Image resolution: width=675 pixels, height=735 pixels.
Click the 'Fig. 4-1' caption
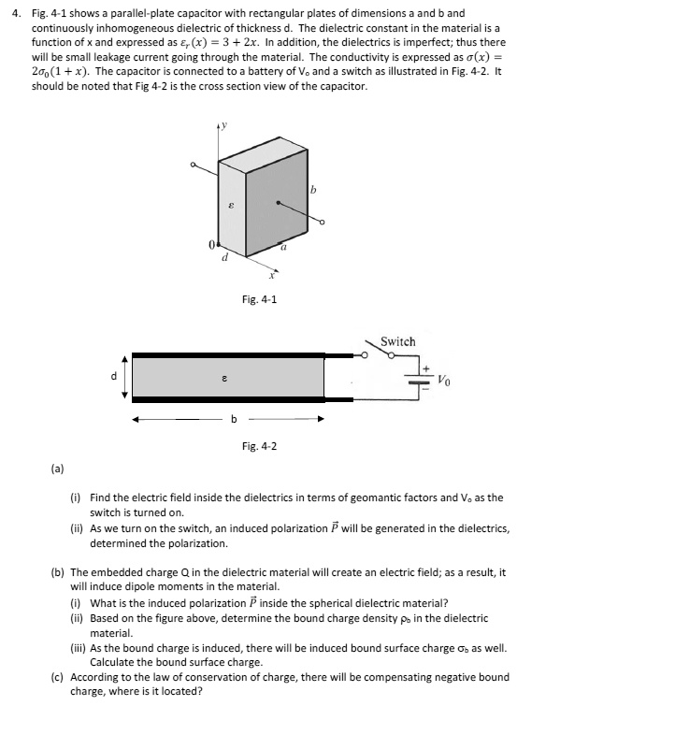tap(259, 299)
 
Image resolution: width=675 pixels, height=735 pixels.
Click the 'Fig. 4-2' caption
tap(259, 446)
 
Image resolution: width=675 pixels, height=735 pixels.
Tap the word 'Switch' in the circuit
tap(397, 341)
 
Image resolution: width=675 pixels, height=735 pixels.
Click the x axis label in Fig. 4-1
tap(272, 276)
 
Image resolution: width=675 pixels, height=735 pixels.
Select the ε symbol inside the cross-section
tap(224, 379)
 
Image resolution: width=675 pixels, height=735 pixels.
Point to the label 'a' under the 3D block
tap(283, 248)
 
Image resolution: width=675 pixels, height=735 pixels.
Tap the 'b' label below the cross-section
tap(234, 419)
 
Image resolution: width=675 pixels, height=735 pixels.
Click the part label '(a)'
tap(56, 466)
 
